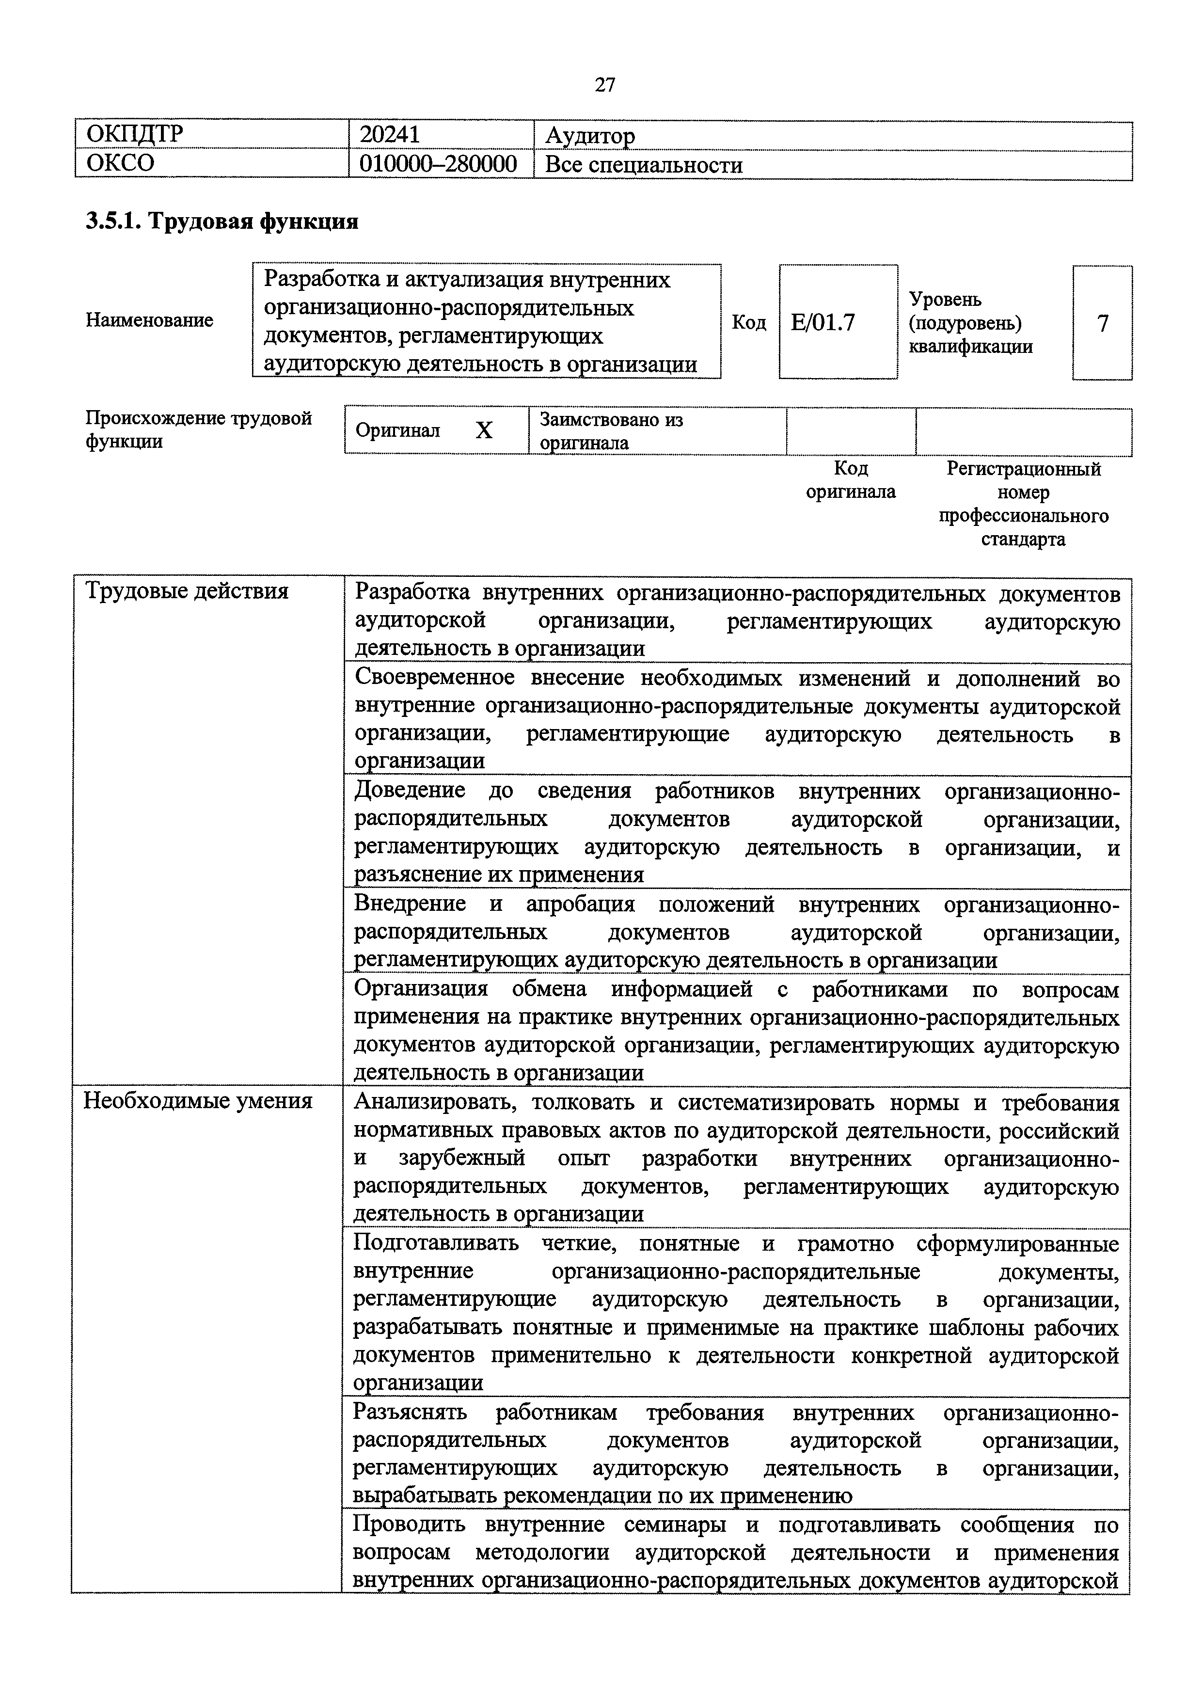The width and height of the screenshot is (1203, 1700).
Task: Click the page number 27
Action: [604, 85]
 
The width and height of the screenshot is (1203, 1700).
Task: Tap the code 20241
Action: [390, 134]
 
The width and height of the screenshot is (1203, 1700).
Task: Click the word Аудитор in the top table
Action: [590, 136]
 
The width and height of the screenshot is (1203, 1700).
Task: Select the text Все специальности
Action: [643, 164]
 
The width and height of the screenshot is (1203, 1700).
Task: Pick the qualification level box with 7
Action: [1102, 323]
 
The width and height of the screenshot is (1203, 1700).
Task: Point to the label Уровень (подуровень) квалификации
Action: [970, 322]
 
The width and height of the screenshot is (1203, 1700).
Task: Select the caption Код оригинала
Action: [851, 480]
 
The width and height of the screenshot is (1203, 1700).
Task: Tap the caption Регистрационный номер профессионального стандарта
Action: [1024, 504]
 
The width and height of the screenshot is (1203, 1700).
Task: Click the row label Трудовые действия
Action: [187, 591]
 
